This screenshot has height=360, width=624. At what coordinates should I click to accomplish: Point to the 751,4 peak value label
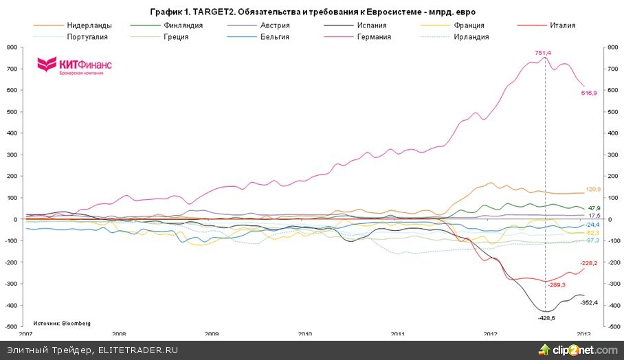[x=544, y=52]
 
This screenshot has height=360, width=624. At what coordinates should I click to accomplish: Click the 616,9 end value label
[x=589, y=92]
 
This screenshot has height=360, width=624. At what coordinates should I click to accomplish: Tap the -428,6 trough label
[x=546, y=318]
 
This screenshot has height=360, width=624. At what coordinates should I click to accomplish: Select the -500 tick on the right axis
[x=608, y=327]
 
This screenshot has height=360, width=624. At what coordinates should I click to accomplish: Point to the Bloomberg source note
[x=61, y=322]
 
